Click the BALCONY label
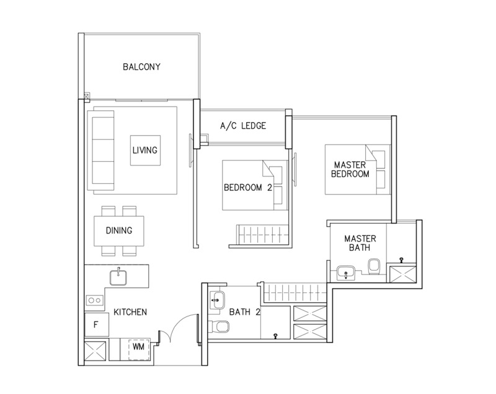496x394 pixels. point(141,67)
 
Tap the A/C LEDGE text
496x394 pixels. point(243,126)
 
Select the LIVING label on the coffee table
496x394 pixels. point(145,150)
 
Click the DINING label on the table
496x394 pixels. point(119,230)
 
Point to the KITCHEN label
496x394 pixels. point(130,312)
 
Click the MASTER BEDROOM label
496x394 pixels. point(350,169)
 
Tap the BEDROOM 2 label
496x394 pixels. point(247,188)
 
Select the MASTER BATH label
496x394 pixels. point(360,243)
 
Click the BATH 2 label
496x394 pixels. point(244,312)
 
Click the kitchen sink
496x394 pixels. point(118,278)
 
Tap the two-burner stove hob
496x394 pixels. point(94,300)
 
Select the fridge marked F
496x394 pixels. point(97,325)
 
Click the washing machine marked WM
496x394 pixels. point(138,349)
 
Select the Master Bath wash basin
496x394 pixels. point(346,273)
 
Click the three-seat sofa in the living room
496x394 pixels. point(103,151)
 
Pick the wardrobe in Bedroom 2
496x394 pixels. point(262,234)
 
